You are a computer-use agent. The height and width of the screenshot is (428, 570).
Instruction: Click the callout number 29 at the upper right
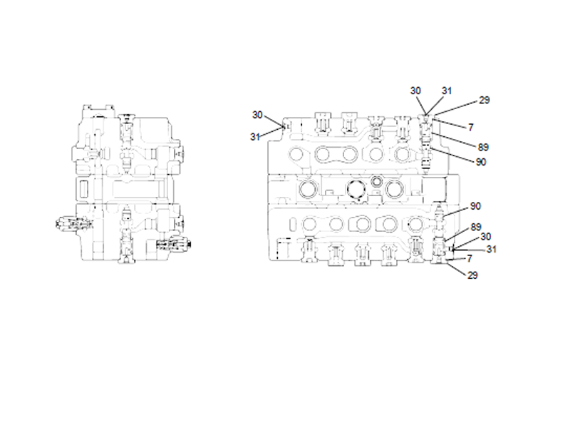(484, 101)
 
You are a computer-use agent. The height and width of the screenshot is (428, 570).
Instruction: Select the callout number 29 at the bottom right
(472, 275)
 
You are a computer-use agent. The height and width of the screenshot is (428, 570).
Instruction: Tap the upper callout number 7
(471, 127)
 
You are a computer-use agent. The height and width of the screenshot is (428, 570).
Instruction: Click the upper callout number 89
(484, 148)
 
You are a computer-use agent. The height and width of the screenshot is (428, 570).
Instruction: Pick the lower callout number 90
(475, 206)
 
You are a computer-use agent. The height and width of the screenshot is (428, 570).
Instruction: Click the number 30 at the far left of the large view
(258, 114)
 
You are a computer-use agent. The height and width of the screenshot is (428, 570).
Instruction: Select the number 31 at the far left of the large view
(255, 137)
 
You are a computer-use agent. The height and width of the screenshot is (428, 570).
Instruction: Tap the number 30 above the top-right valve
(415, 91)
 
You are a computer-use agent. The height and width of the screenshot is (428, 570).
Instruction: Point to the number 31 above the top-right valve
(447, 91)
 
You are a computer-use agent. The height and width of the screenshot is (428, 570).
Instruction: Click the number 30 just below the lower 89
(485, 236)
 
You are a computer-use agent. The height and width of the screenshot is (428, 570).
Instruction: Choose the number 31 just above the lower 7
(491, 249)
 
